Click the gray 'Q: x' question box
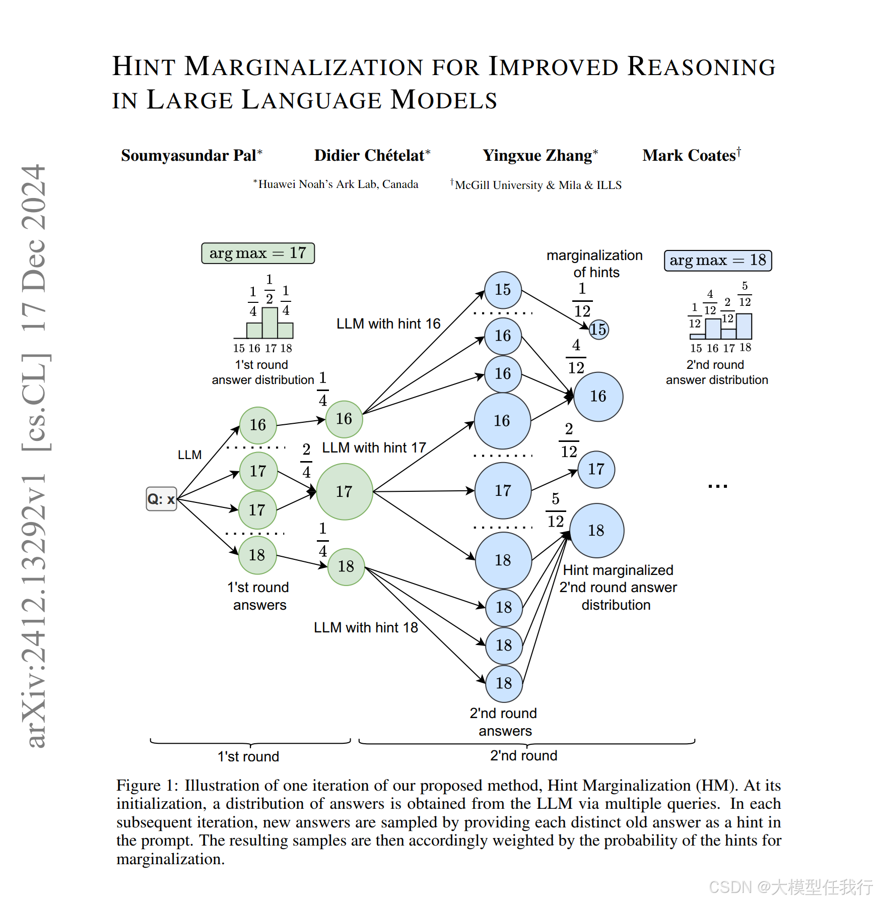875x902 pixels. click(161, 499)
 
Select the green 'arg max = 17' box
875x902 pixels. click(258, 253)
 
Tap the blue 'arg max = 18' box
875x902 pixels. click(718, 261)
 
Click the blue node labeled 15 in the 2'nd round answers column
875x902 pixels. click(503, 290)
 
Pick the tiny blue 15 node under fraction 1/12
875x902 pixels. click(598, 330)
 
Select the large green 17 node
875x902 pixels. click(345, 491)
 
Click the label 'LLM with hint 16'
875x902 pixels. click(388, 324)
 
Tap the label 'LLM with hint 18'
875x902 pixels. click(366, 627)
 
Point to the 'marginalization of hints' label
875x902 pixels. click(595, 264)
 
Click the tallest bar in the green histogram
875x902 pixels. click(270, 323)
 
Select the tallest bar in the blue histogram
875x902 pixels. click(744, 326)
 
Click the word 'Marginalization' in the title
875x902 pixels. click(304, 67)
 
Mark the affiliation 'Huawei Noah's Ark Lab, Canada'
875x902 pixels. click(336, 184)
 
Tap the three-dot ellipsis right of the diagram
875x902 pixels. click(717, 486)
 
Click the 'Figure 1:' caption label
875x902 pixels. click(147, 786)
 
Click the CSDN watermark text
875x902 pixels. click(791, 887)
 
